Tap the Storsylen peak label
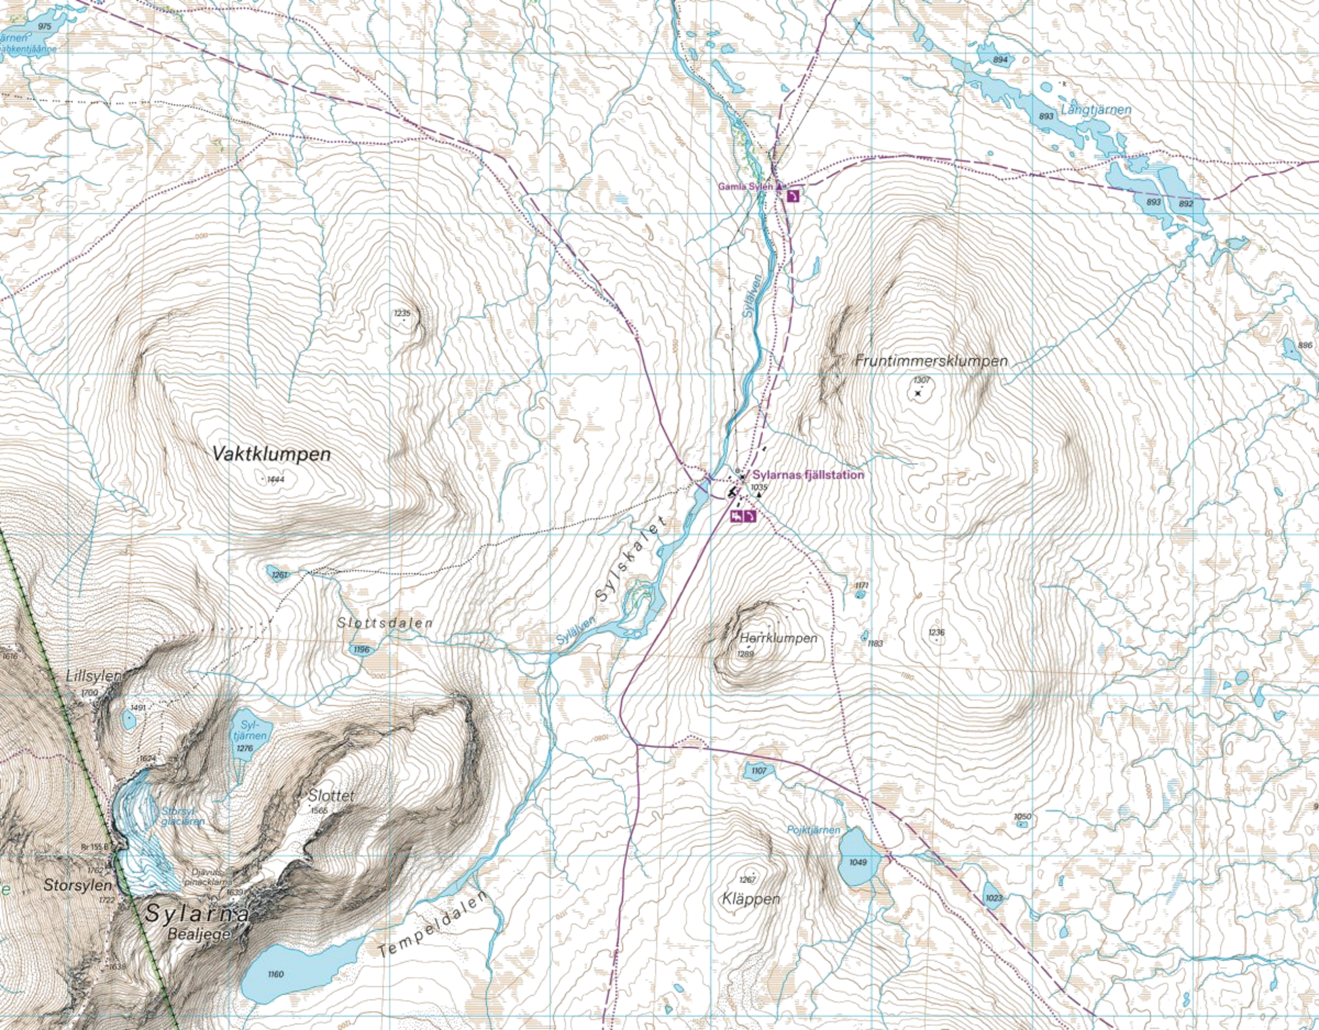click(77, 884)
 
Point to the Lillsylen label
click(93, 675)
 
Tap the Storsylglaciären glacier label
click(183, 817)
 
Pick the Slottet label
click(331, 796)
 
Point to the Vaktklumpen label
click(271, 453)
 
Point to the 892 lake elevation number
click(1186, 203)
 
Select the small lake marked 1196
click(362, 649)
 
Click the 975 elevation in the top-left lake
click(45, 26)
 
